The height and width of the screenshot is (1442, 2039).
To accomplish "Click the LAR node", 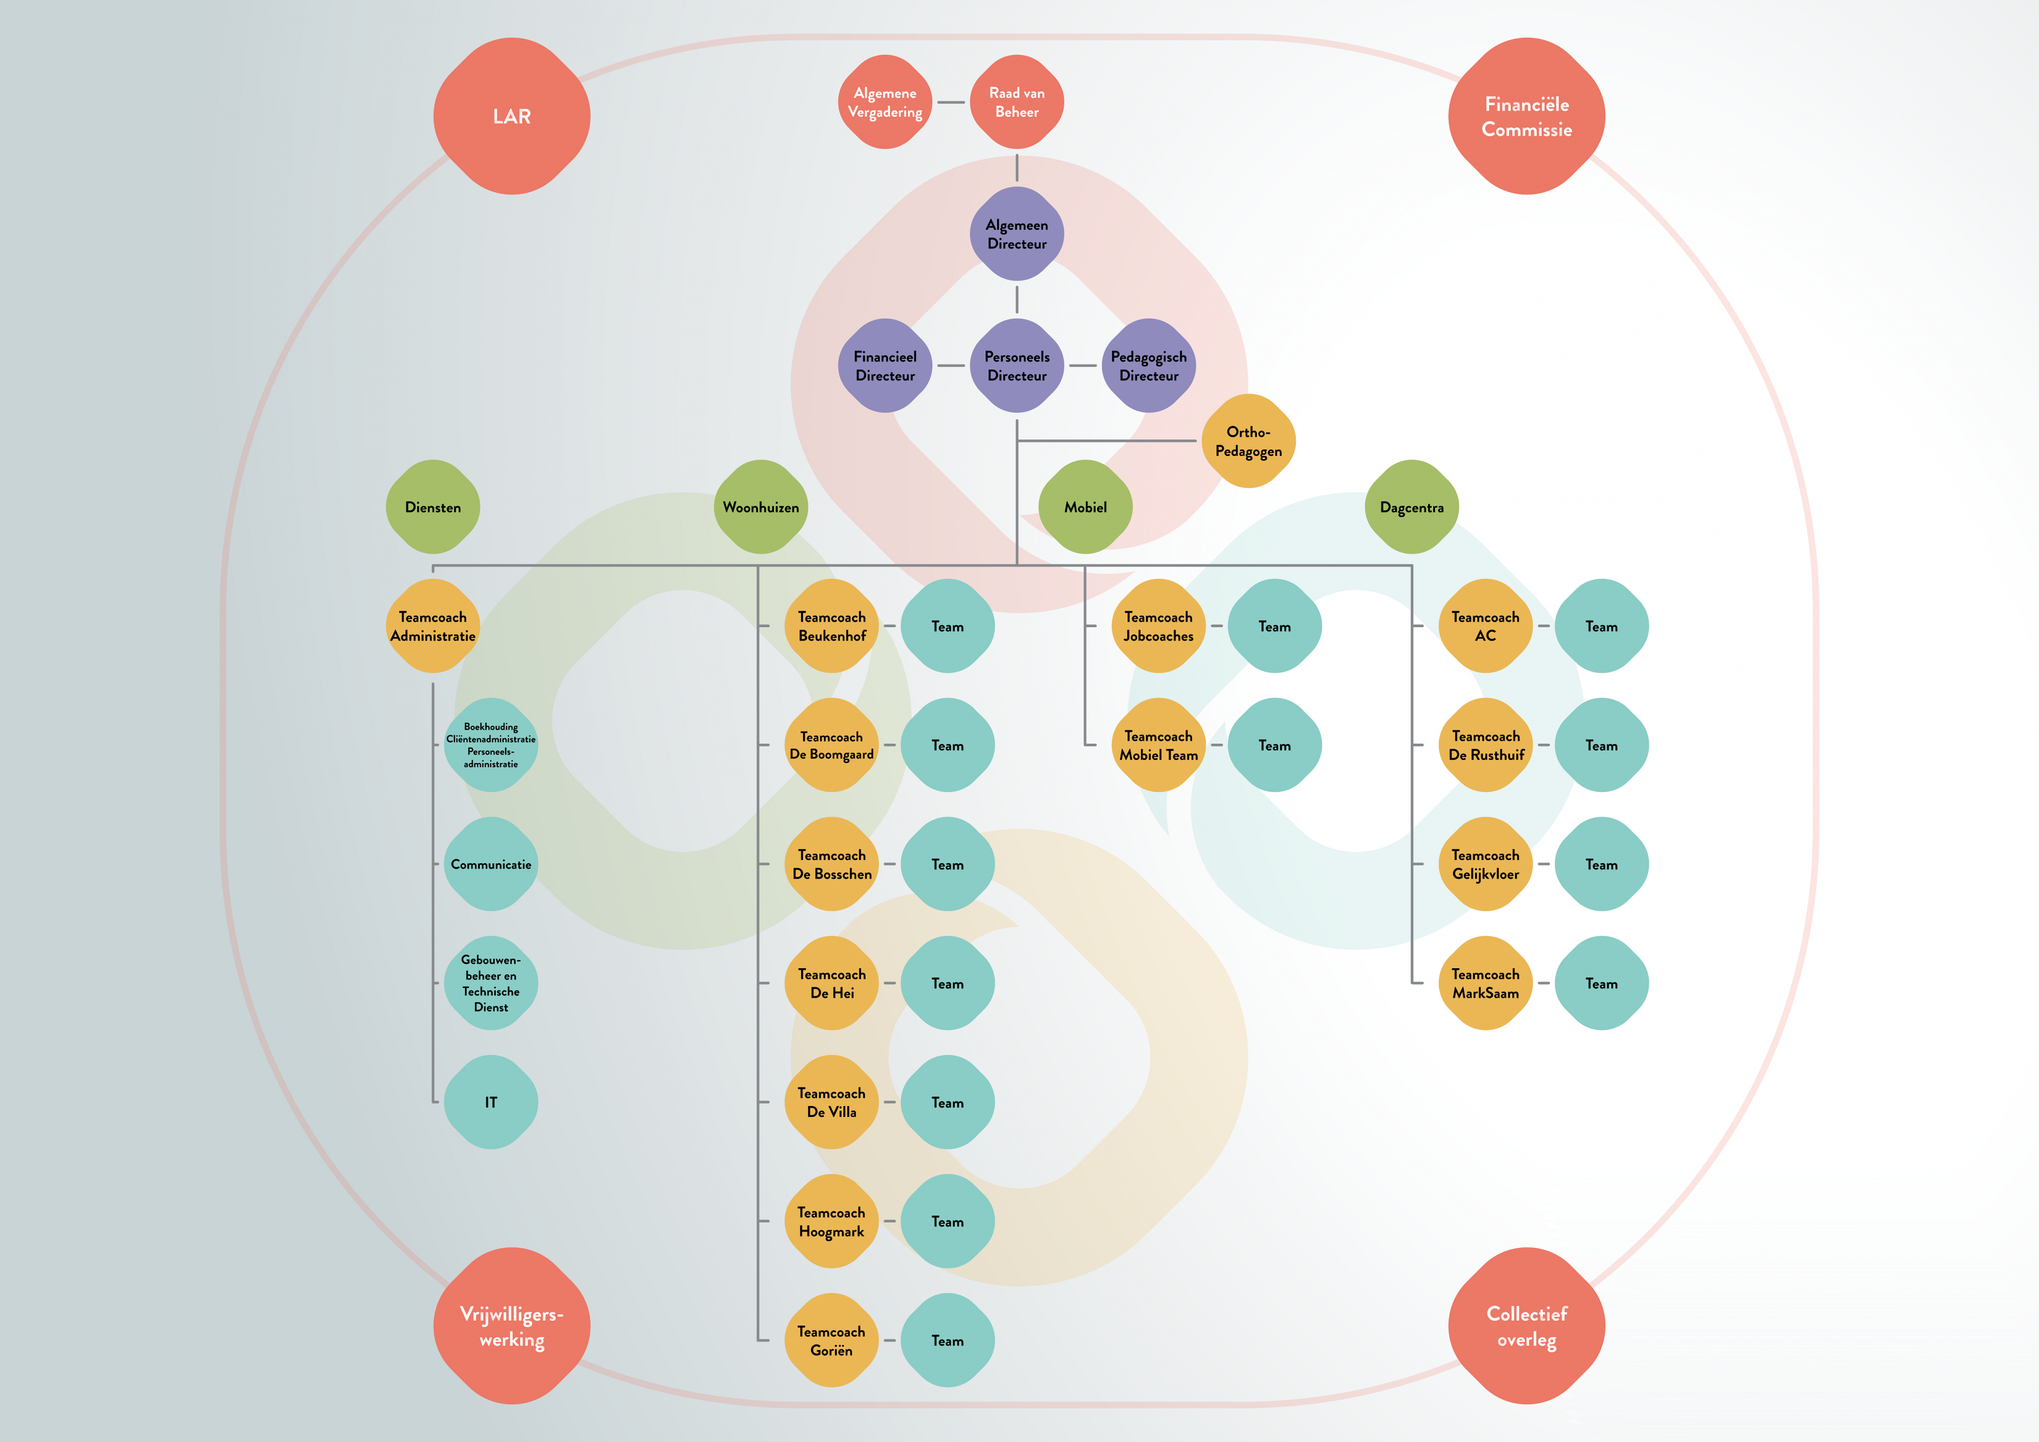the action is [512, 116].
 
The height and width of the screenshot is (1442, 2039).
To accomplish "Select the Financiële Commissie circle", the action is [1527, 116].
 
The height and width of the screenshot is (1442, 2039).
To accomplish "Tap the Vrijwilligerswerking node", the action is [512, 1326].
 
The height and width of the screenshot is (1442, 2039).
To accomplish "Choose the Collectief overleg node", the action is [1527, 1326].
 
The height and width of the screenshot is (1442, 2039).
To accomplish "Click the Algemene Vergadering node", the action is [886, 102].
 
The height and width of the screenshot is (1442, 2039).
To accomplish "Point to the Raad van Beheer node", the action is [1017, 102].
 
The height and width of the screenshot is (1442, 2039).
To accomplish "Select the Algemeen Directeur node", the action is [1017, 233].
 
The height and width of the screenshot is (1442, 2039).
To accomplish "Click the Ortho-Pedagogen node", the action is [1248, 441].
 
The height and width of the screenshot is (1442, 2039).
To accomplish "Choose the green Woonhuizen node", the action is [761, 507].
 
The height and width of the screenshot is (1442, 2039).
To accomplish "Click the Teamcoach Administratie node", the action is [433, 626].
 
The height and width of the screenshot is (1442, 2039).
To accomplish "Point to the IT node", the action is [491, 1102].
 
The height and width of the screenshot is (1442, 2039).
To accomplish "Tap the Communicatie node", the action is [491, 864].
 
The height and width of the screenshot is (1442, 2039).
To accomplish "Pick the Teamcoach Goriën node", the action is [831, 1340].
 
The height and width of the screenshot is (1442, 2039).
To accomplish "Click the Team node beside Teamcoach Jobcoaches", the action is [1274, 626].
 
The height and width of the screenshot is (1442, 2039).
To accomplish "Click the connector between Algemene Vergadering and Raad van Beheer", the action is [951, 102].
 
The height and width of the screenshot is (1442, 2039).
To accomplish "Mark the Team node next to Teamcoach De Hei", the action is [947, 983].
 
